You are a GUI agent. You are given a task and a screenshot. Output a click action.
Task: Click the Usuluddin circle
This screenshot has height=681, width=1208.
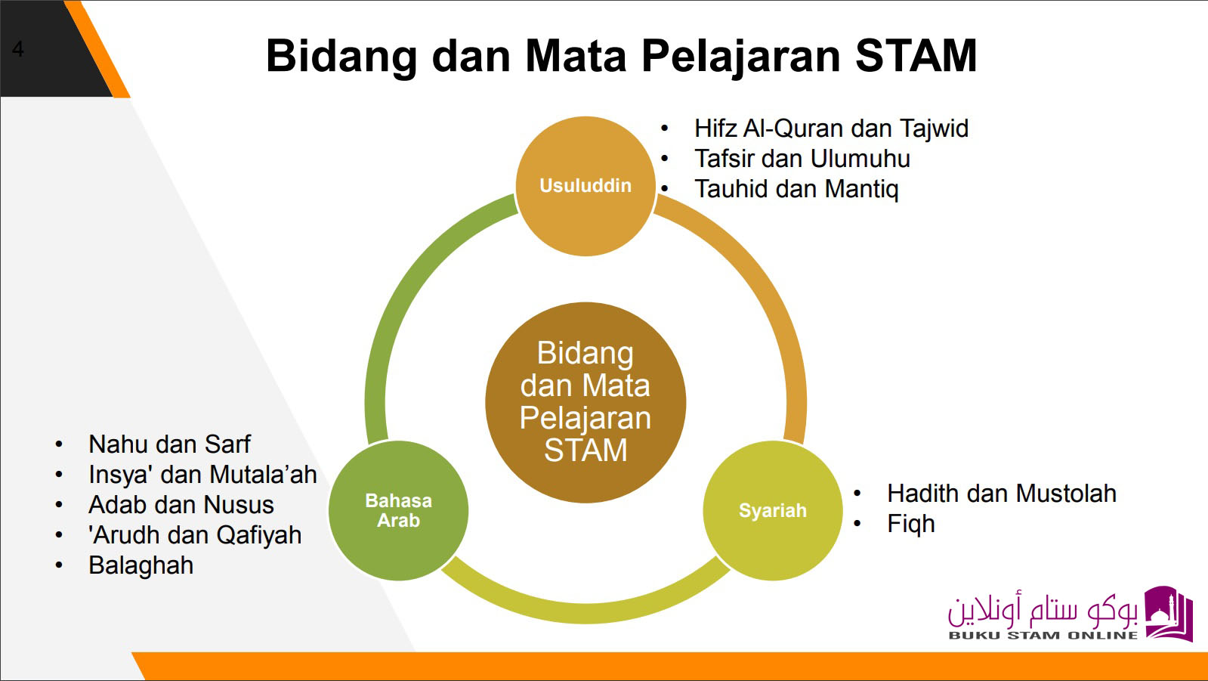(585, 186)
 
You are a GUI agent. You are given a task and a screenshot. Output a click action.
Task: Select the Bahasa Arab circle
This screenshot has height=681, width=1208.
(399, 510)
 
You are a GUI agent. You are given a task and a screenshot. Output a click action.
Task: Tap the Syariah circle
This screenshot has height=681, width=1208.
(773, 510)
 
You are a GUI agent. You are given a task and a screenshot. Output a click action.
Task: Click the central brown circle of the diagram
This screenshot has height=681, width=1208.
(585, 403)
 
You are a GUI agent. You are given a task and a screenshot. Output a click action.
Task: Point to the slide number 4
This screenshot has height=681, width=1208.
(18, 49)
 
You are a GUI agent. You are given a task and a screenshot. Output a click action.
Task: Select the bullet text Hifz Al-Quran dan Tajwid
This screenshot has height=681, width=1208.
(831, 129)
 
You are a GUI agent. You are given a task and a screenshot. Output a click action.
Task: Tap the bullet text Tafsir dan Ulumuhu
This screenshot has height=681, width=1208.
(802, 159)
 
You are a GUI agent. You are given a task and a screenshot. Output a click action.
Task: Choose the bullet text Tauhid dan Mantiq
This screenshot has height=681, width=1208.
(796, 190)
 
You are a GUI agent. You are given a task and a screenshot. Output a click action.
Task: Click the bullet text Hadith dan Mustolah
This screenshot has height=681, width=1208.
(1002, 494)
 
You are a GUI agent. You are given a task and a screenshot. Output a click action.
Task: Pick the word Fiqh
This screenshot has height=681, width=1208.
(911, 524)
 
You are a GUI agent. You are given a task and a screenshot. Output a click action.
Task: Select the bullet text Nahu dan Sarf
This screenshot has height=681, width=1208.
(169, 444)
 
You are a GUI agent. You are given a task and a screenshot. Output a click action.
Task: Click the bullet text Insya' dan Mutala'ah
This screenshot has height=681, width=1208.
(202, 475)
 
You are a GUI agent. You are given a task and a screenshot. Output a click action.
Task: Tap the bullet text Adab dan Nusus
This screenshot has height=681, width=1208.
(181, 505)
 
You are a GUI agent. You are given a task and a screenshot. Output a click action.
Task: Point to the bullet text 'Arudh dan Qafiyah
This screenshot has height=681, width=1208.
(195, 535)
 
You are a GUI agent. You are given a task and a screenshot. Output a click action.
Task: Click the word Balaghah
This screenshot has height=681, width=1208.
(141, 565)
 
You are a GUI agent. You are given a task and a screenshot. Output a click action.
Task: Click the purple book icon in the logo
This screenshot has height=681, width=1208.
(1169, 614)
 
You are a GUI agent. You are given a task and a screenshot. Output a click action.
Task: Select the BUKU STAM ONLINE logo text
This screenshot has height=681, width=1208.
(1043, 636)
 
